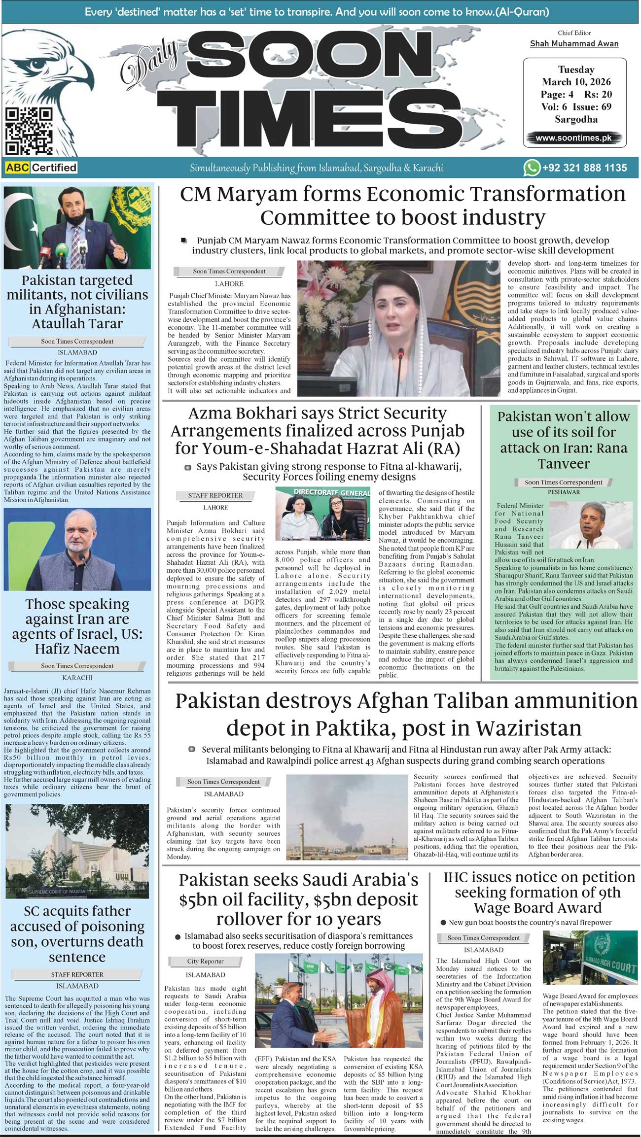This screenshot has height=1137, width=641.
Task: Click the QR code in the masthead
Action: (29, 131)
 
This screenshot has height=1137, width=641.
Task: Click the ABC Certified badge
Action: (41, 168)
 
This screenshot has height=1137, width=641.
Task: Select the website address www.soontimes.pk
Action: (573, 138)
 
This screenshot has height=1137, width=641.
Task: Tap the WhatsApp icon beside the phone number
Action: (531, 168)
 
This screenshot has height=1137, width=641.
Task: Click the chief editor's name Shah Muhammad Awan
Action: (574, 43)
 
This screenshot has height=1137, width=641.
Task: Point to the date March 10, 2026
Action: (576, 82)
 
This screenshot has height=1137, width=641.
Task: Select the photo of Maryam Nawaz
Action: (392, 328)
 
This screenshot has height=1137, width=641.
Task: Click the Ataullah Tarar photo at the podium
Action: (77, 227)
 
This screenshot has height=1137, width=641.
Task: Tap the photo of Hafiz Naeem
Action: (77, 549)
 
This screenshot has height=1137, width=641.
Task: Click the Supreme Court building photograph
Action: (77, 851)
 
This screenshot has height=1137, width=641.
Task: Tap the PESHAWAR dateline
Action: (564, 492)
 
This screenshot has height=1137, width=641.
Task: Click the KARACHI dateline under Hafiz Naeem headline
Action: (77, 678)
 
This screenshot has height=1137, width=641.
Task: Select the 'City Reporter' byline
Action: (205, 961)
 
